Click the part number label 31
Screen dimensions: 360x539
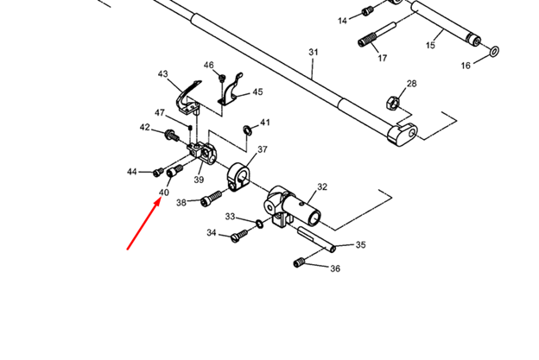tap(314, 53)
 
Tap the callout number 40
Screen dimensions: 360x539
tap(164, 193)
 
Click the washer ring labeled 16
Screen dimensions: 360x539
tap(494, 51)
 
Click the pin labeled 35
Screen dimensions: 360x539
tap(314, 238)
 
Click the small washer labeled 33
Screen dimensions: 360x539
tap(257, 223)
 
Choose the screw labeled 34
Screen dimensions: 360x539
tap(241, 237)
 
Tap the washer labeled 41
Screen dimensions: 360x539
tap(248, 129)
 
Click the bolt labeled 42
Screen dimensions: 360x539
tap(171, 134)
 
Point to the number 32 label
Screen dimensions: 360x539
tap(322, 186)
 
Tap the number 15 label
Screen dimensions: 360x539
tap(430, 44)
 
